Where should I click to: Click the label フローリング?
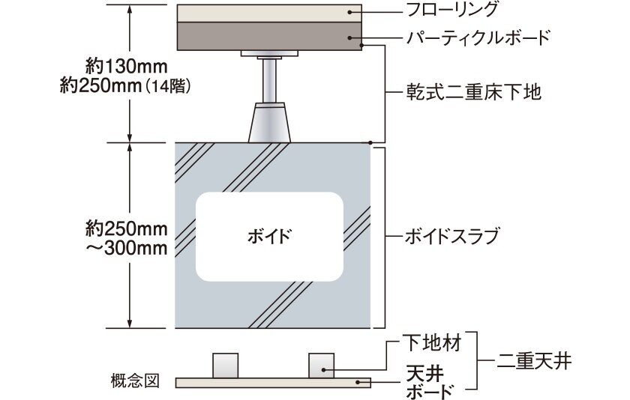[x=452, y=10]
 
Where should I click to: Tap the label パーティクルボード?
[x=477, y=37]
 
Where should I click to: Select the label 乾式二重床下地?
[x=473, y=92]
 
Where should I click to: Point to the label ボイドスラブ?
[x=451, y=236]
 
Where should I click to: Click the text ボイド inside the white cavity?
[x=269, y=236]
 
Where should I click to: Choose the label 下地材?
[x=431, y=343]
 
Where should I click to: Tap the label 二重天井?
[x=533, y=361]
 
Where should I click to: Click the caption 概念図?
[x=136, y=381]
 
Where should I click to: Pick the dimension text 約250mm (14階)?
[x=124, y=85]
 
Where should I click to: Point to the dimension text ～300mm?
[x=127, y=249]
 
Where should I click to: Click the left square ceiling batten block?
[x=226, y=366]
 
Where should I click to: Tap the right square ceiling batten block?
[x=322, y=366]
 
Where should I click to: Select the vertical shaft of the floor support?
[x=269, y=80]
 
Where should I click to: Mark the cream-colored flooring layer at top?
[x=269, y=13]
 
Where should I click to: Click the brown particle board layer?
[x=269, y=36]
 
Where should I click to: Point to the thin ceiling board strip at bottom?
[x=273, y=383]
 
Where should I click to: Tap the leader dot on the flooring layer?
[x=350, y=12]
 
